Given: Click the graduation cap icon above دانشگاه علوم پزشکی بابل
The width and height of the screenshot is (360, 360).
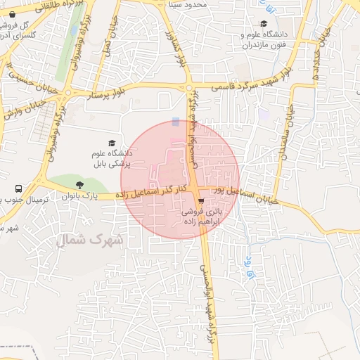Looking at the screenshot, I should (x=109, y=143).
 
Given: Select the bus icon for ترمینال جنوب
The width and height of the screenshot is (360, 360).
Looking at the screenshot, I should (x=18, y=188).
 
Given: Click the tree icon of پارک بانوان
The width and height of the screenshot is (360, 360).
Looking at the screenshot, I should (x=81, y=185).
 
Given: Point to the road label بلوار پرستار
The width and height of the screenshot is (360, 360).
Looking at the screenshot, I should (x=110, y=92).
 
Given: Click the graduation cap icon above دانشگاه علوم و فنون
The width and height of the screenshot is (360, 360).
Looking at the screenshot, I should (x=263, y=23).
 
